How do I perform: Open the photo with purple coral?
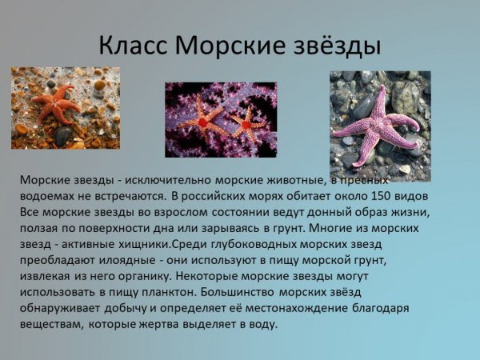221,120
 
